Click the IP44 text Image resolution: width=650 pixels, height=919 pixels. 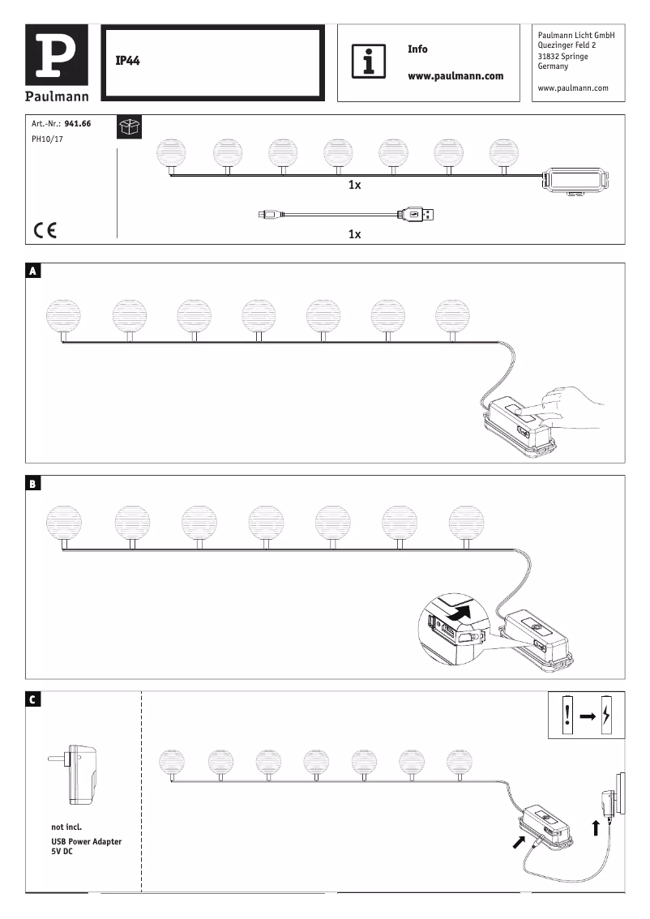[128, 62]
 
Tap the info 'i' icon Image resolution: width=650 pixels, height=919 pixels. [369, 62]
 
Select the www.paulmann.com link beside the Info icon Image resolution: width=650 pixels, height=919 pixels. [455, 76]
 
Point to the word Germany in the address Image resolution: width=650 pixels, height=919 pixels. [554, 66]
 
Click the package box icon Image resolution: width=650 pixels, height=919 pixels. [129, 127]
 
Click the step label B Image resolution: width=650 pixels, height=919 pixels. [33, 485]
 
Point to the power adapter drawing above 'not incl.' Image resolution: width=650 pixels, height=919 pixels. [77, 774]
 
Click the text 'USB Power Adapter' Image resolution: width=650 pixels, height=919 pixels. [87, 842]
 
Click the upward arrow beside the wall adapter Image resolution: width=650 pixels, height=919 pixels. [596, 827]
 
